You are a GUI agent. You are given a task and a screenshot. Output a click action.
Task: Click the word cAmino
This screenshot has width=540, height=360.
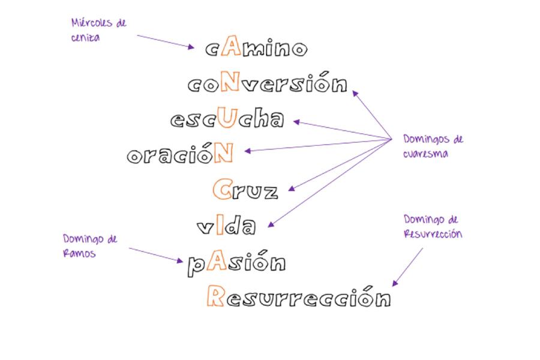pos(256,47)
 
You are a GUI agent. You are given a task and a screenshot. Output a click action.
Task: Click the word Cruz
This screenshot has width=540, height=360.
pos(245,190)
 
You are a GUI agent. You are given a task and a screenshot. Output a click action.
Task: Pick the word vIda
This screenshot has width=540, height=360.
pos(226,226)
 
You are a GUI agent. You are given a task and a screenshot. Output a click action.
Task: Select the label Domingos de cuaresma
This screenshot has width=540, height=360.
pos(433,146)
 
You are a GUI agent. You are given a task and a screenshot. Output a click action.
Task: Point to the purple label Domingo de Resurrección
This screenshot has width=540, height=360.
pos(433,226)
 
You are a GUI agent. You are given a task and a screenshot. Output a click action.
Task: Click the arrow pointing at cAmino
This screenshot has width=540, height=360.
pos(165,41)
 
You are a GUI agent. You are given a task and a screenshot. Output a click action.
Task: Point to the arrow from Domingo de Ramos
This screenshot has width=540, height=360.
pos(155,254)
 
